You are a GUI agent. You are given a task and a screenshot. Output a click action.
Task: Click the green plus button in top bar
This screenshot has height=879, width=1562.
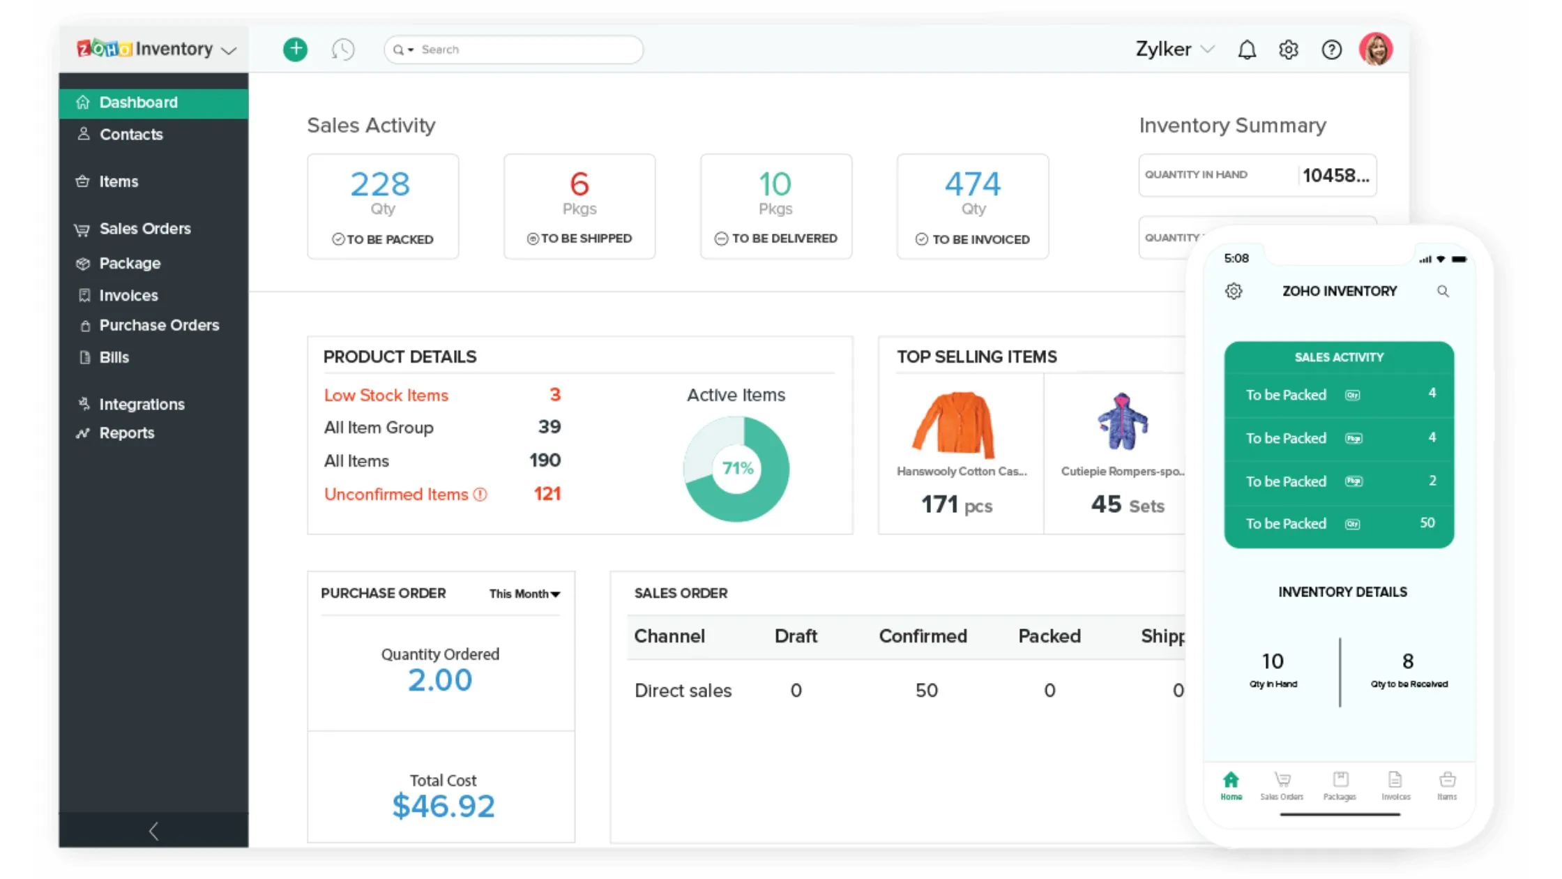click(x=295, y=49)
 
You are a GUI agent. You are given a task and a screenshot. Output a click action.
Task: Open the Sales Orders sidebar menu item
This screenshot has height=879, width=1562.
click(x=144, y=229)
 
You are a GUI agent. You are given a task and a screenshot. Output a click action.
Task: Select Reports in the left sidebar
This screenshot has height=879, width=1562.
click(x=126, y=433)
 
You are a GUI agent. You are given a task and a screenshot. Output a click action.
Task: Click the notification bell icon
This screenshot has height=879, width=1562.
click(x=1247, y=50)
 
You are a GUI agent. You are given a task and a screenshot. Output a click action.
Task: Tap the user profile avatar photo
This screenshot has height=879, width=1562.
click(x=1375, y=49)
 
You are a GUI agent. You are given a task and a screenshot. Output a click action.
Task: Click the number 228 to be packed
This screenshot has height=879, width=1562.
click(x=380, y=184)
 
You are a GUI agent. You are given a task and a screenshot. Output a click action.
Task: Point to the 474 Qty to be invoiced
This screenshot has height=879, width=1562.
click(x=972, y=184)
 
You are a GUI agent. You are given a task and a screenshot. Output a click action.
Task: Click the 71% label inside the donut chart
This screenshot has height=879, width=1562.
click(x=737, y=468)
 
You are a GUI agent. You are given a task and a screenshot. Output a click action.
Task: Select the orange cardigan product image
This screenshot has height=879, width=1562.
click(x=953, y=424)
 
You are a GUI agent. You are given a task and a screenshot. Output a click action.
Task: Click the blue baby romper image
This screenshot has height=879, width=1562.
click(x=1122, y=422)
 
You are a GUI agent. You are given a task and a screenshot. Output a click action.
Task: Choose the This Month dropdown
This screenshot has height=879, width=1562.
click(x=524, y=594)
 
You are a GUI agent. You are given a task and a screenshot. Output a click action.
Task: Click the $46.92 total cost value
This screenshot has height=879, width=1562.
click(x=443, y=806)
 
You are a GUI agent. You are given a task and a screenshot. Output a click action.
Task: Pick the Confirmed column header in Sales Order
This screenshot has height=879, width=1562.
click(x=923, y=636)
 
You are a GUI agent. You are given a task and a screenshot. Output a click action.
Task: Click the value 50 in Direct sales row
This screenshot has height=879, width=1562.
click(x=926, y=691)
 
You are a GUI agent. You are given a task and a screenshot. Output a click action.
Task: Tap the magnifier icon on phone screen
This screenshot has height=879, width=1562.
click(x=1443, y=292)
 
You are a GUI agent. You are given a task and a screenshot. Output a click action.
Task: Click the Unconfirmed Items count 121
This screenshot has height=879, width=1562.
click(x=547, y=495)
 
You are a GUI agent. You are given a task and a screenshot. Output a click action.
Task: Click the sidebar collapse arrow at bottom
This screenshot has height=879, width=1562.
click(x=154, y=831)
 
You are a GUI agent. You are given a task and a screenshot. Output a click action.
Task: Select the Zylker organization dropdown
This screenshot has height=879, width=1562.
click(x=1174, y=50)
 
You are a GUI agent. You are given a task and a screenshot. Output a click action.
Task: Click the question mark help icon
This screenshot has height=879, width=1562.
click(x=1331, y=50)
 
